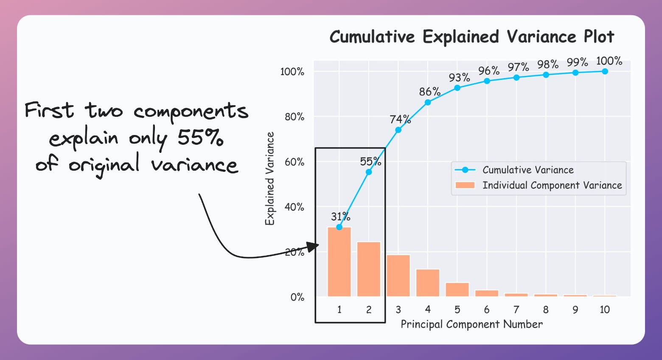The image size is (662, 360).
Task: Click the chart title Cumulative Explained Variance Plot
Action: [471, 37]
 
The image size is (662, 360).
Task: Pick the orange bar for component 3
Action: [398, 276]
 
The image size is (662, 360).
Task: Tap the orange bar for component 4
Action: [428, 283]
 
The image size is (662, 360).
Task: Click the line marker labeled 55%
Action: [369, 172]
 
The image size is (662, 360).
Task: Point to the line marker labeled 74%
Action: [398, 130]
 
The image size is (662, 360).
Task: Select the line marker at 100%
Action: [605, 71]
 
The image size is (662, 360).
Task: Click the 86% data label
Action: [429, 92]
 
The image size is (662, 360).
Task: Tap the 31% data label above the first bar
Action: [340, 217]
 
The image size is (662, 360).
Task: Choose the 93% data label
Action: [459, 78]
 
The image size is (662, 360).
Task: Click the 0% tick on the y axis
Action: [297, 297]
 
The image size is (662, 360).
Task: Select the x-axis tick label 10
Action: [605, 310]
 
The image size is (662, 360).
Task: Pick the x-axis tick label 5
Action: [457, 310]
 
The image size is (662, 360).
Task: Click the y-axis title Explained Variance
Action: [270, 178]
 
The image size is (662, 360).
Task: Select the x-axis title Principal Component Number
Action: [471, 324]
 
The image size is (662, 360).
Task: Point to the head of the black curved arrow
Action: [314, 246]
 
